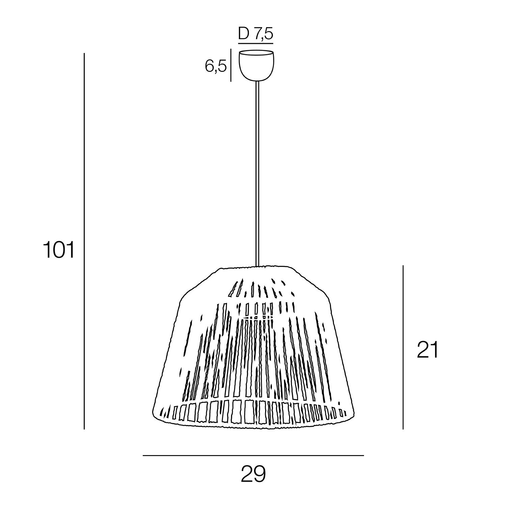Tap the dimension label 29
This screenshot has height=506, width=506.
click(x=253, y=474)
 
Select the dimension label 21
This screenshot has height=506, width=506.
click(x=427, y=350)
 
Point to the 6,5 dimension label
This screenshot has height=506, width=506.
click(x=216, y=66)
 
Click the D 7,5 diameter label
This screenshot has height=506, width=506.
click(x=256, y=34)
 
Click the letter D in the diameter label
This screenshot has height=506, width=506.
click(x=244, y=33)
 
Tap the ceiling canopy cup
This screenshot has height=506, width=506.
click(x=256, y=66)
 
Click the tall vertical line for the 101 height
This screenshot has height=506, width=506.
click(x=84, y=241)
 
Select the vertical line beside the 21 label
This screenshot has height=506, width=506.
click(x=403, y=347)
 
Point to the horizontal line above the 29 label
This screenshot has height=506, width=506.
click(x=253, y=456)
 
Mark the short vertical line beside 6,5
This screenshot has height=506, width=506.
click(x=231, y=65)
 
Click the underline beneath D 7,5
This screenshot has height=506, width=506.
click(x=256, y=43)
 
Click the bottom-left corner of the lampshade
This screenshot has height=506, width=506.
click(x=154, y=416)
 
